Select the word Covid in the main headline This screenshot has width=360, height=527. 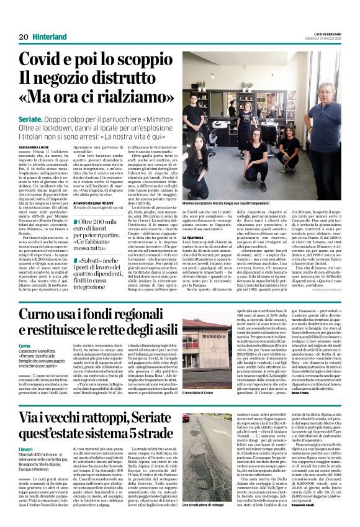pos(47,60)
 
